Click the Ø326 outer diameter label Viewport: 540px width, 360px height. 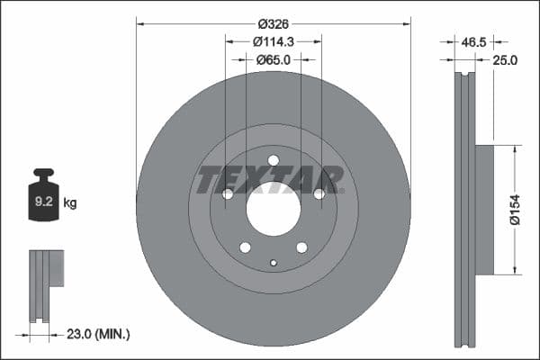pyautogui.click(x=273, y=23)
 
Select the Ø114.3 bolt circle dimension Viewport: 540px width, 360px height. pyautogui.click(x=274, y=41)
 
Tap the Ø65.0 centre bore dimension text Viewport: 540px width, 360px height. pyautogui.click(x=274, y=59)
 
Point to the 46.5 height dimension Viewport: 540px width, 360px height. pyautogui.click(x=473, y=41)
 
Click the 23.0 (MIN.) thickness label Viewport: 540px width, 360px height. pyautogui.click(x=100, y=334)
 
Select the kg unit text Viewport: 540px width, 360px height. pyautogui.click(x=70, y=203)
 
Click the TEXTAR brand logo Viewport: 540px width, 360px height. pyautogui.click(x=270, y=179)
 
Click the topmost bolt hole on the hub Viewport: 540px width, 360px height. pyautogui.click(x=274, y=160)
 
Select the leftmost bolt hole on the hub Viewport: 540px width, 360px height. pyautogui.click(x=228, y=193)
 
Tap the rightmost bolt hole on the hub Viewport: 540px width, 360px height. pyautogui.click(x=319, y=193)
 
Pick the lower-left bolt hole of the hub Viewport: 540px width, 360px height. pyautogui.click(x=245, y=247)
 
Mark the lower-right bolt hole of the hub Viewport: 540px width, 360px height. pyautogui.click(x=301, y=247)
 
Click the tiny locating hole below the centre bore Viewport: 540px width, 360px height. pyautogui.click(x=274, y=263)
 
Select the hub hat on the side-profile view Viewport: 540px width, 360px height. pyautogui.click(x=484, y=210)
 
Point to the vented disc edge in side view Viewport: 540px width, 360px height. pyautogui.click(x=463, y=210)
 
